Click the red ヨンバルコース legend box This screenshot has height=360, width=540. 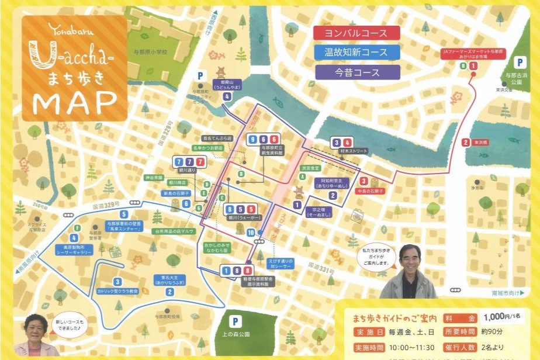(356, 33)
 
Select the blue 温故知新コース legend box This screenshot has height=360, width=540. (356, 53)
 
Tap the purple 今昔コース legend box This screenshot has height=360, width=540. (356, 72)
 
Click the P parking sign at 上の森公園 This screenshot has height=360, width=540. (235, 321)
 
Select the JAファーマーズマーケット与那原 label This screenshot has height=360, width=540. (473, 54)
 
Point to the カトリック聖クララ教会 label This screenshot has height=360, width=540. (117, 290)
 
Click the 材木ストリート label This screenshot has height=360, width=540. (353, 151)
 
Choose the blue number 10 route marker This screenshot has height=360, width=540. (251, 232)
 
